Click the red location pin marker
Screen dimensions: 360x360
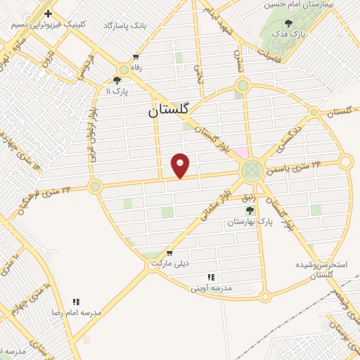click(181, 165)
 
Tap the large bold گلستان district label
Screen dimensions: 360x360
click(169, 110)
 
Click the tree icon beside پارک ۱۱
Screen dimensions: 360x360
click(117, 80)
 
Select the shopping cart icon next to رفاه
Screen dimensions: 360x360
click(136, 57)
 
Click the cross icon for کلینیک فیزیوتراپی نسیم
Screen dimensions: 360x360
click(48, 13)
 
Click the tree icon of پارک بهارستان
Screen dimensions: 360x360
click(249, 210)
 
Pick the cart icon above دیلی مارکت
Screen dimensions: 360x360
click(169, 252)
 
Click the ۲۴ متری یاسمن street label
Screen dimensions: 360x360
click(295, 166)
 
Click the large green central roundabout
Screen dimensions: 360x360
click(251, 170)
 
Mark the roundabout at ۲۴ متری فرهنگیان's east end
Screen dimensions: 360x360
click(95, 186)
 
